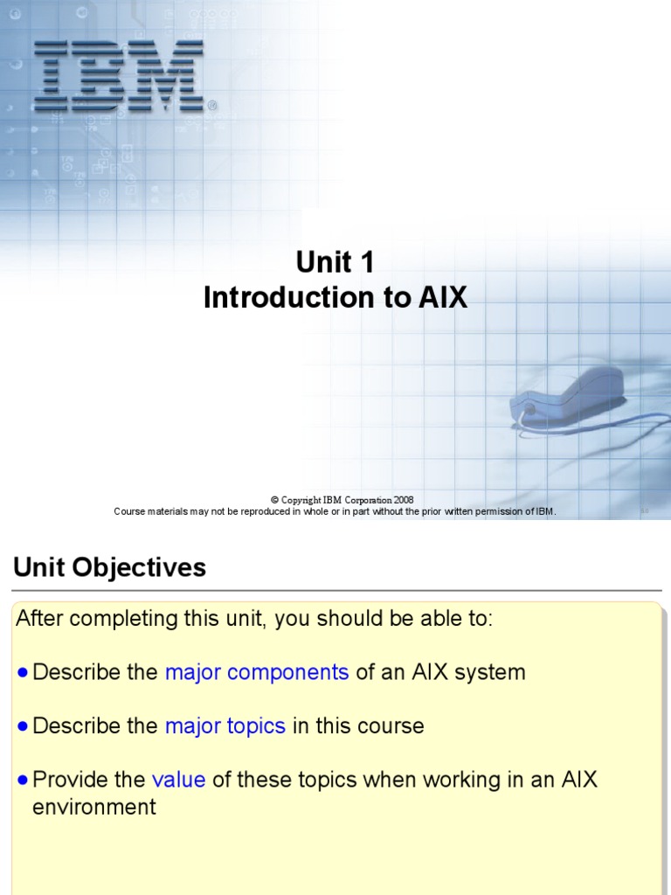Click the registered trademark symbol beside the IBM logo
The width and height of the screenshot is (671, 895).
coord(212,106)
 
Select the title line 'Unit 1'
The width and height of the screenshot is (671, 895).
coord(335,261)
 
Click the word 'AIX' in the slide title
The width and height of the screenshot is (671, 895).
coord(443,298)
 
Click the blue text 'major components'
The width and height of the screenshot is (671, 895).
coord(257,672)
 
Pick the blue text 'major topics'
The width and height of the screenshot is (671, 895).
coord(225,726)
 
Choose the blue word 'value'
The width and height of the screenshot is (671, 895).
coord(178,780)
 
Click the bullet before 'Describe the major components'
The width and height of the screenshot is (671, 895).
coord(23,673)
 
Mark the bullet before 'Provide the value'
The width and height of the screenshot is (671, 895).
coord(23,781)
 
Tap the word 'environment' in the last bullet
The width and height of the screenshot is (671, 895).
coord(94,807)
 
